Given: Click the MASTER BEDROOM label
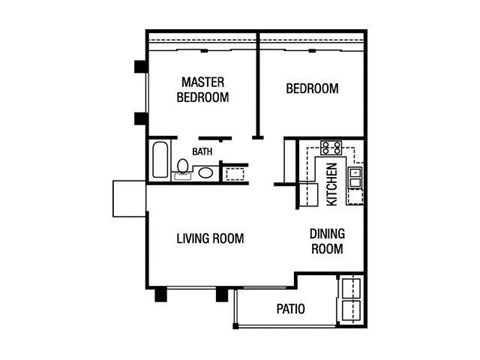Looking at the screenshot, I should (x=203, y=89).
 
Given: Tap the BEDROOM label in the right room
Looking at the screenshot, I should (x=312, y=89).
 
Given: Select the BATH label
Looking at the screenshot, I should (x=203, y=152).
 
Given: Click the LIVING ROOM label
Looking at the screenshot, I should (x=210, y=239).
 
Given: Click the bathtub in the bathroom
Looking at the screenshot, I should (x=160, y=162).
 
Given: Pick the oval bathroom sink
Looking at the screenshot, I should (x=205, y=172).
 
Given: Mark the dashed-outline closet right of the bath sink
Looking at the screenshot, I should (x=235, y=172).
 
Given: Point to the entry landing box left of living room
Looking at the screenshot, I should (x=129, y=198).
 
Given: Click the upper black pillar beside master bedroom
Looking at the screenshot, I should (x=141, y=69).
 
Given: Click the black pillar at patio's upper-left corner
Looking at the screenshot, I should (x=221, y=295).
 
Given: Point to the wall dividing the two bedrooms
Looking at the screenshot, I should (x=259, y=90).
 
